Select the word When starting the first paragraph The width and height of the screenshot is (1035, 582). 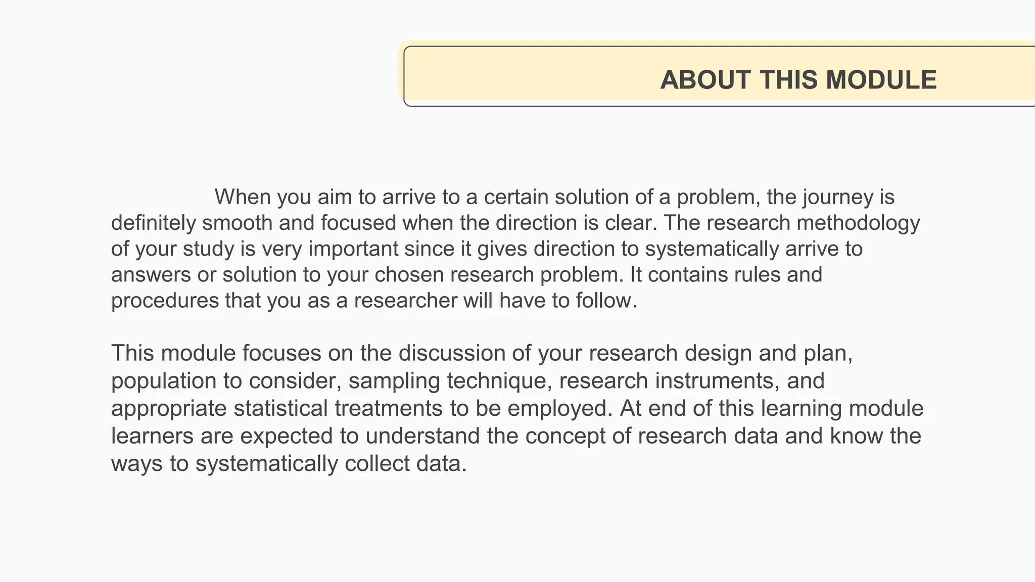click(x=242, y=197)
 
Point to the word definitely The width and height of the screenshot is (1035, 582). click(x=153, y=223)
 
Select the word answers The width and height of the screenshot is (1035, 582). click(x=151, y=275)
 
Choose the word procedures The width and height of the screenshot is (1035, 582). click(x=164, y=301)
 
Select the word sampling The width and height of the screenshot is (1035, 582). click(x=394, y=381)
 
